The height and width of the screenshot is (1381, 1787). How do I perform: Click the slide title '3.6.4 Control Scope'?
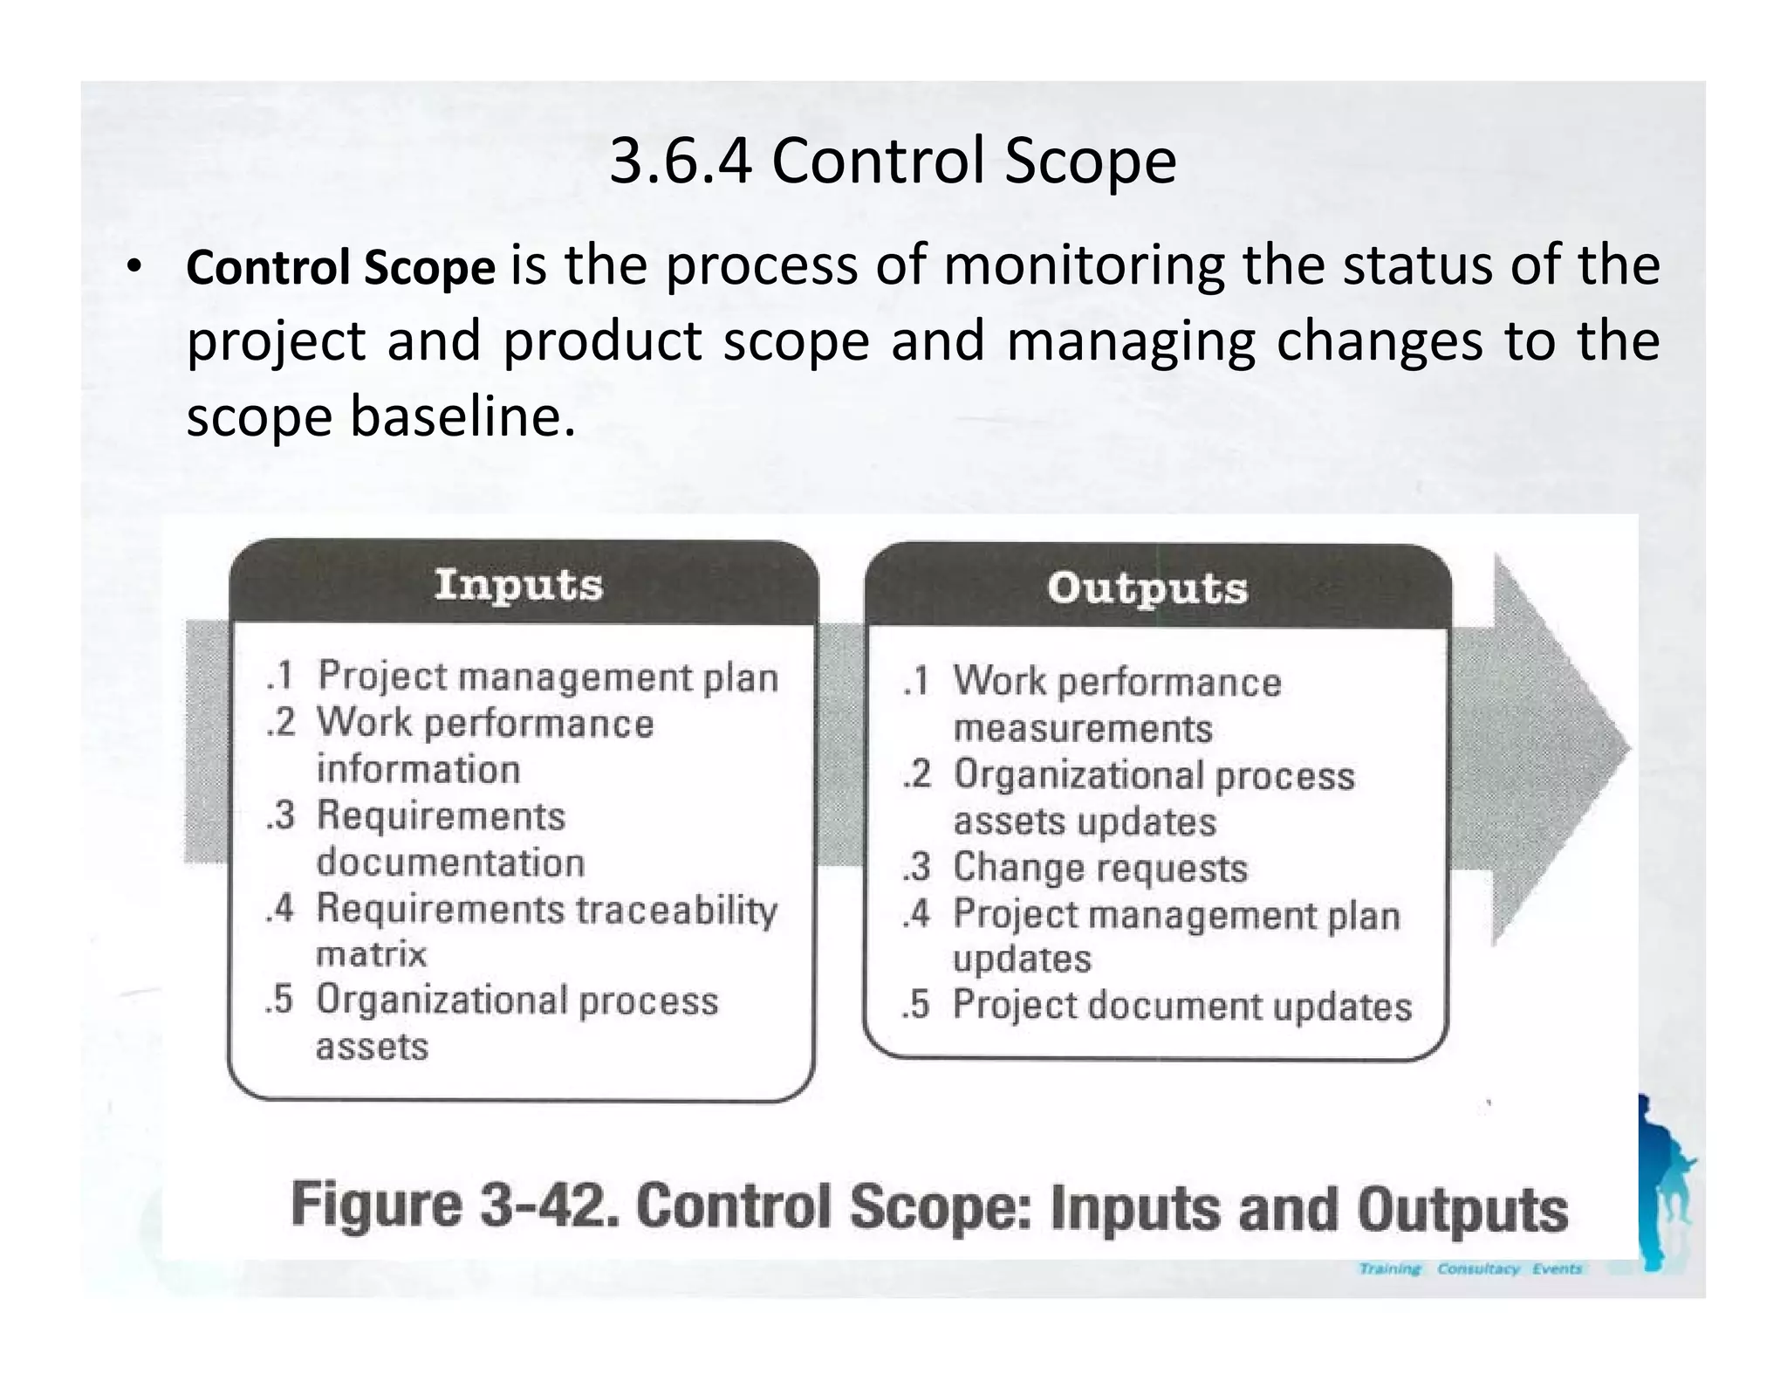[x=893, y=161]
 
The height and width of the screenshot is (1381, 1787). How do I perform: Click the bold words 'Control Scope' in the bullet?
[x=340, y=268]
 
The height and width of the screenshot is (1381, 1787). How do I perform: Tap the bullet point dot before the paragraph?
[x=132, y=267]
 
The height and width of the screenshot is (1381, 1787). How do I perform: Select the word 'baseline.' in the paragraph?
[x=462, y=416]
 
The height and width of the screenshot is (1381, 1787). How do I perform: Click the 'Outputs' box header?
[x=1147, y=587]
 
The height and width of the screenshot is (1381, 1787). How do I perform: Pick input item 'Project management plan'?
[x=547, y=677]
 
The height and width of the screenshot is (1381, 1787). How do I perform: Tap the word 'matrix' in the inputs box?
[x=371, y=954]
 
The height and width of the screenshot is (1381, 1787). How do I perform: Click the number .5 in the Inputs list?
[x=279, y=1000]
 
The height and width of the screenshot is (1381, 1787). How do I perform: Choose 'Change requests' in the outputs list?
[x=1099, y=868]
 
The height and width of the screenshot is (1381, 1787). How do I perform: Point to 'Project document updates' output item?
[x=1181, y=1006]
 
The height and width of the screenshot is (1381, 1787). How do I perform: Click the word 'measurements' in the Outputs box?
[x=1082, y=728]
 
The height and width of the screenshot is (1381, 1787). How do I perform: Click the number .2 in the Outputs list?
[x=917, y=775]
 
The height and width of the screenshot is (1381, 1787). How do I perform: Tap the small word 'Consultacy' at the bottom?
[x=1477, y=1268]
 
